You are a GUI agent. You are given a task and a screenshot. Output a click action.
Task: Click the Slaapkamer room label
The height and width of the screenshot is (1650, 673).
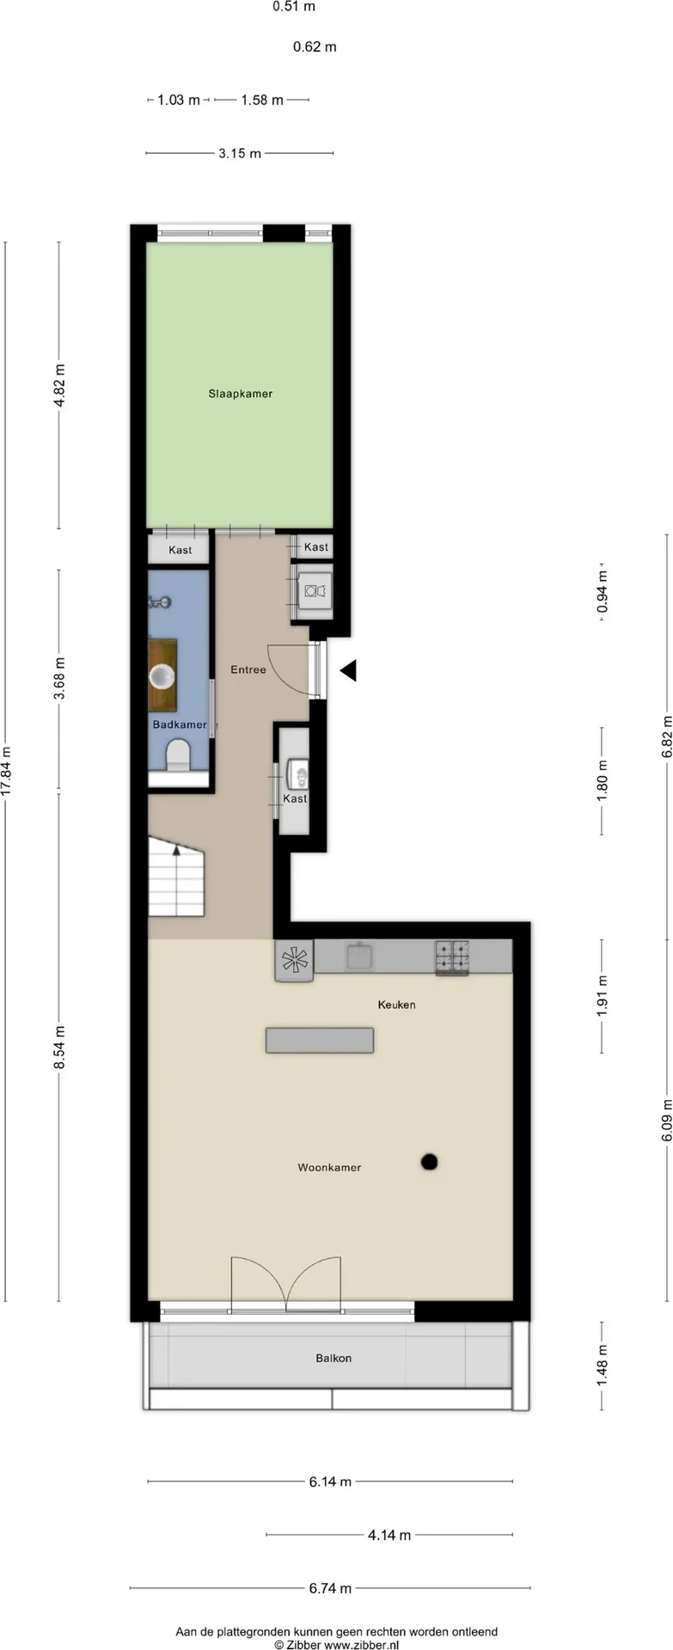click(240, 394)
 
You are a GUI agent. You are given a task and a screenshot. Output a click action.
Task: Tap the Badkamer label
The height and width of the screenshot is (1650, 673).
click(180, 724)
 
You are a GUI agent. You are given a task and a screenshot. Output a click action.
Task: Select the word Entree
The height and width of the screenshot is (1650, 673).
click(248, 669)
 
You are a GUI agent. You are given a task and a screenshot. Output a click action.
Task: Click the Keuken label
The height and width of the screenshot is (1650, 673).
click(396, 1004)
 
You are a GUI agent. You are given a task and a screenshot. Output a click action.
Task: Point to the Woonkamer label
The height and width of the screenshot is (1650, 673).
click(329, 1167)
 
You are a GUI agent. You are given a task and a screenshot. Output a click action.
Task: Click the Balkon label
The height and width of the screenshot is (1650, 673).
click(333, 1358)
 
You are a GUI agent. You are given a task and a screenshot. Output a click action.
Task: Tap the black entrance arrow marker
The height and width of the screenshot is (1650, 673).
click(348, 671)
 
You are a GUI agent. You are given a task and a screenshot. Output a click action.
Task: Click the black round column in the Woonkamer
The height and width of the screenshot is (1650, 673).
click(430, 1162)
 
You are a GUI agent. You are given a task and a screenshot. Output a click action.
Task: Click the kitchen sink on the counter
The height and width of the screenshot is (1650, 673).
click(359, 956)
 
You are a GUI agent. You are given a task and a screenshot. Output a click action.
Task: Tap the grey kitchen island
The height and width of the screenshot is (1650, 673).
click(320, 1040)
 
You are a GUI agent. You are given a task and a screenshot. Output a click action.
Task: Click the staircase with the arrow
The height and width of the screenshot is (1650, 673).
click(176, 876)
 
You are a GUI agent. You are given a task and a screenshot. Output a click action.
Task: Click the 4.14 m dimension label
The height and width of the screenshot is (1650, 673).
click(389, 1534)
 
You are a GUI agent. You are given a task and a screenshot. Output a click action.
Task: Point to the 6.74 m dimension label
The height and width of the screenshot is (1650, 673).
click(330, 1587)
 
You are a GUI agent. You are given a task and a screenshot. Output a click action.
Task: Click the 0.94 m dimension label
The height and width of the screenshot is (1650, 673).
click(603, 592)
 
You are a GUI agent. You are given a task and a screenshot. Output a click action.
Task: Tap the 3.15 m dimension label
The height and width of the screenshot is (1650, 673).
click(240, 153)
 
